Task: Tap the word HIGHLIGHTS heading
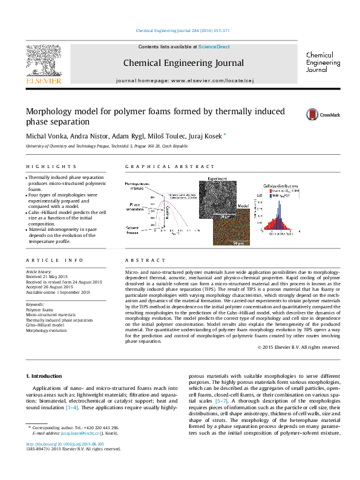(x=44, y=166)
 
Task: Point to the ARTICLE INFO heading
(x=46, y=260)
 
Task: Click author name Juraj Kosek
(x=205, y=135)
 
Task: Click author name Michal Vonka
(x=43, y=135)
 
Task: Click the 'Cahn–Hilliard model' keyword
(x=45, y=325)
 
